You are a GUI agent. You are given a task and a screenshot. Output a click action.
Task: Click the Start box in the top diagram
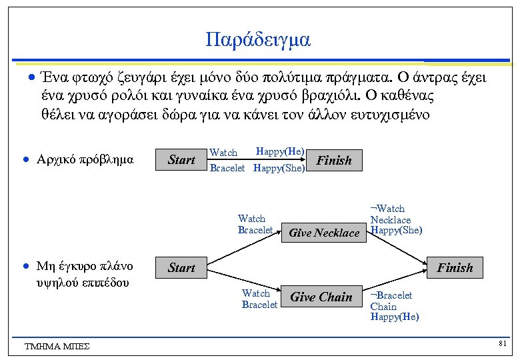tap(181, 160)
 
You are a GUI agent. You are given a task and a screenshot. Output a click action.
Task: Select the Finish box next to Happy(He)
tap(333, 160)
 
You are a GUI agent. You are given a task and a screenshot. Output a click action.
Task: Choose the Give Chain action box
tap(321, 297)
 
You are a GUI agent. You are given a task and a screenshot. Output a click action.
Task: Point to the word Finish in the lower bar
tap(454, 268)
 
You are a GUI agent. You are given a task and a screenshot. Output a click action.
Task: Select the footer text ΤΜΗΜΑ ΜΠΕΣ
tap(57, 346)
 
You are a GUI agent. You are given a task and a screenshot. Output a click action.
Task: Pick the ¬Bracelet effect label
tap(391, 295)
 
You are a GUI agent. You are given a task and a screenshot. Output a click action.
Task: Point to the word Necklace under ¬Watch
tap(391, 220)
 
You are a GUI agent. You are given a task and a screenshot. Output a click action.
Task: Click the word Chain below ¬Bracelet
tap(383, 306)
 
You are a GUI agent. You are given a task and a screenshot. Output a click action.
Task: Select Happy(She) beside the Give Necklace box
tap(396, 231)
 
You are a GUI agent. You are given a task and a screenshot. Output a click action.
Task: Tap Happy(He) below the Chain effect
tap(395, 317)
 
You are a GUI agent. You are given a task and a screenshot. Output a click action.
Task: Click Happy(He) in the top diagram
tap(280, 151)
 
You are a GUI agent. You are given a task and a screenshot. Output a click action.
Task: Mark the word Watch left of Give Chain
tap(256, 293)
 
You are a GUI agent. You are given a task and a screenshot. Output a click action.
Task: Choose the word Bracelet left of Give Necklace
tap(255, 230)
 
